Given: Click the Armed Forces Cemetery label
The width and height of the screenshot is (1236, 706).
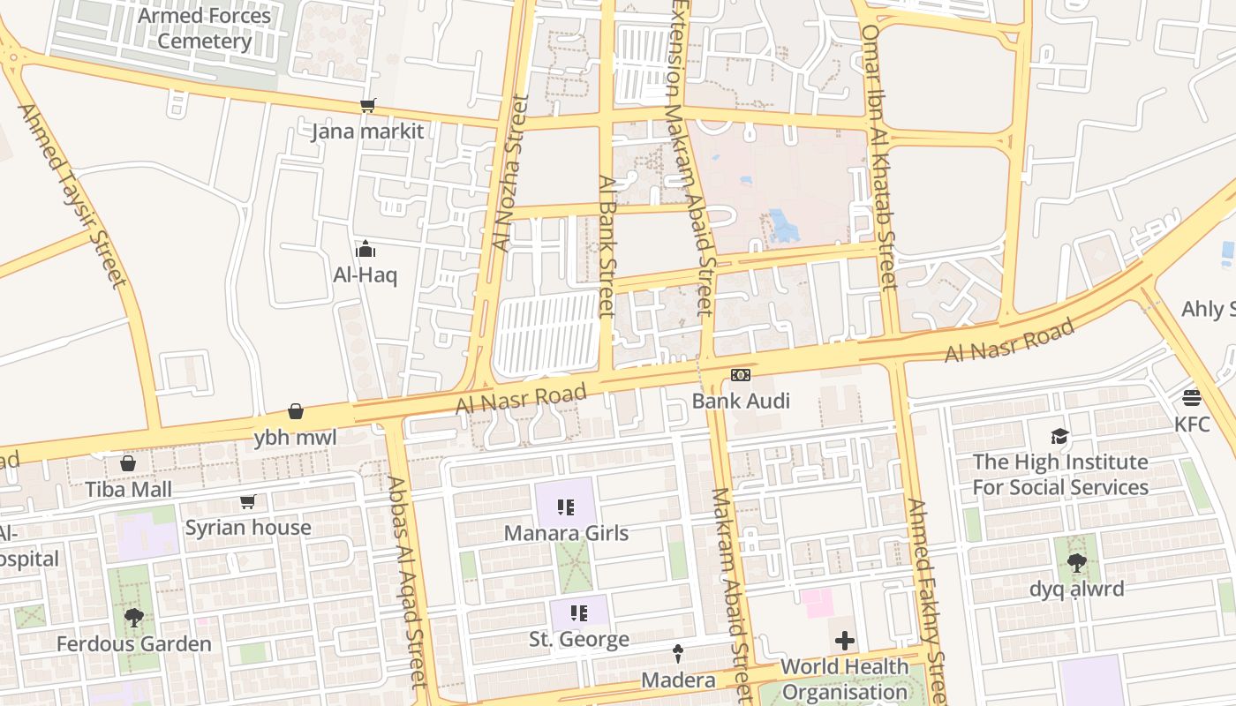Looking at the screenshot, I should (206, 28).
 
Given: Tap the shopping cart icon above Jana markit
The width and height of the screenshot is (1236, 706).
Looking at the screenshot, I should (367, 106).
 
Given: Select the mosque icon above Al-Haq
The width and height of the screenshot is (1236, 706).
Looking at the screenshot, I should (366, 250).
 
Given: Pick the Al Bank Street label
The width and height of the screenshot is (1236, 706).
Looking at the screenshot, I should (607, 244).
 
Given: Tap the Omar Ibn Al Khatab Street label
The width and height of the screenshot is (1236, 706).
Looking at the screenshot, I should (879, 157).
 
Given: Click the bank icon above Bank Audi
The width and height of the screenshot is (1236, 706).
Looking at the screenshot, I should (741, 375).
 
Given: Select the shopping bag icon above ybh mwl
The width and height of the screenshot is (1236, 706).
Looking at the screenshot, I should (296, 412).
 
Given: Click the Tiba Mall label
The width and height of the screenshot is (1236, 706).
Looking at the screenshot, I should (129, 489).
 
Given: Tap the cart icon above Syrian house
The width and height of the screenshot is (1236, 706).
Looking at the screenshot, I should (248, 502).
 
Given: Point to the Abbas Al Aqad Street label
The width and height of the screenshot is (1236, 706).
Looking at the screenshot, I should (408, 582).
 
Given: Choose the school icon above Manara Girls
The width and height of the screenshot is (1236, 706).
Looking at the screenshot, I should (566, 507).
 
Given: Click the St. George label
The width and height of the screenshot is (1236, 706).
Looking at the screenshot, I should (579, 639).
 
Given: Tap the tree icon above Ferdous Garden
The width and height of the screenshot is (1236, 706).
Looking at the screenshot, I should (134, 618).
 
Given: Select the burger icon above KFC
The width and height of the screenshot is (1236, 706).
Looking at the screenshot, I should (1192, 398).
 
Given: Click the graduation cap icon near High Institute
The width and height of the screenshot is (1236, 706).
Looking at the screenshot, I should (1060, 436).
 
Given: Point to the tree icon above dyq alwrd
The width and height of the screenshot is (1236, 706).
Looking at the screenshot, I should (1076, 562).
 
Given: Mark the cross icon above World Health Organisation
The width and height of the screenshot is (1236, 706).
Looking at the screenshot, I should (845, 640).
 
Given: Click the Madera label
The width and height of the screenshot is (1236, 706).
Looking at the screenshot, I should (678, 680).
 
